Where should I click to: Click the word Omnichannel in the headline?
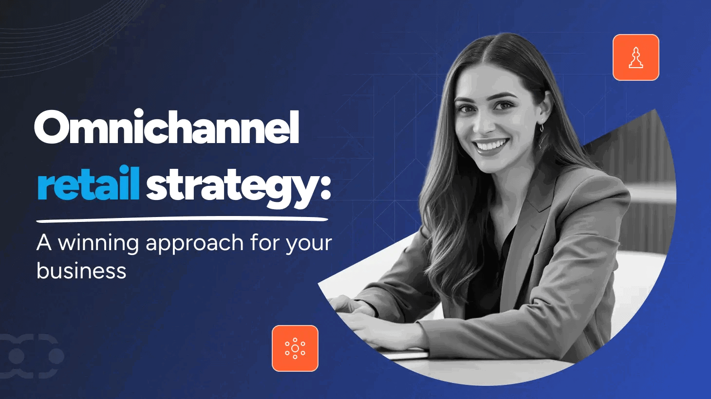[167, 127]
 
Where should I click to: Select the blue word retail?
[89, 184]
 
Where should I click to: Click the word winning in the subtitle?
[98, 243]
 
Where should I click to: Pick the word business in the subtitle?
[81, 271]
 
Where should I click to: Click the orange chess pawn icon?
[636, 57]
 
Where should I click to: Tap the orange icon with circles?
[295, 348]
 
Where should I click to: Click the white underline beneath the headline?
[182, 219]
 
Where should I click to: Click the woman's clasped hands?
[355, 316]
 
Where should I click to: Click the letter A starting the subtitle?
[44, 243]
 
